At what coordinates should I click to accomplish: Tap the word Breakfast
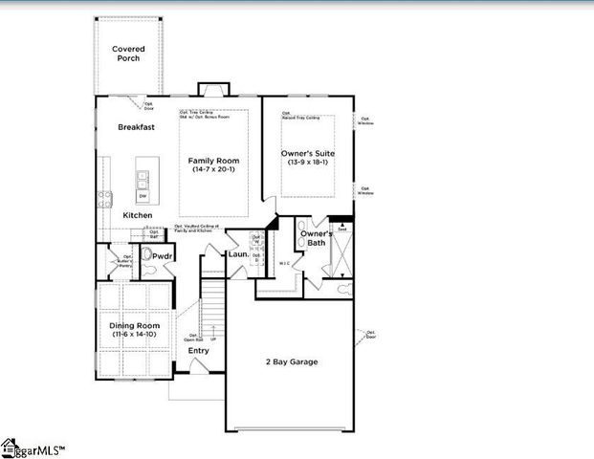pyautogui.click(x=137, y=127)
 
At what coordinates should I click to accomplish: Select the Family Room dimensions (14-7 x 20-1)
pyautogui.click(x=213, y=170)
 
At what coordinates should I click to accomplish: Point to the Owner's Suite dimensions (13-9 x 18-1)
pyautogui.click(x=307, y=163)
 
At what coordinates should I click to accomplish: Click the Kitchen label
pyautogui.click(x=137, y=215)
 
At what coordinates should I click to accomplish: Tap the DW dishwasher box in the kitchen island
pyautogui.click(x=143, y=197)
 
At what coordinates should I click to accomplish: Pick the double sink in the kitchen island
pyautogui.click(x=143, y=177)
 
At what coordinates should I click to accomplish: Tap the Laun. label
pyautogui.click(x=239, y=254)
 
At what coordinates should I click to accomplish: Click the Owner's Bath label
pyautogui.click(x=317, y=238)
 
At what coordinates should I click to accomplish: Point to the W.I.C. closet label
pyautogui.click(x=285, y=264)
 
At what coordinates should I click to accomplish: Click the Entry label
pyautogui.click(x=198, y=350)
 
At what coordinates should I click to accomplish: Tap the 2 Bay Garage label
pyautogui.click(x=292, y=361)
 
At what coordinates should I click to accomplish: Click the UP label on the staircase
pyautogui.click(x=212, y=339)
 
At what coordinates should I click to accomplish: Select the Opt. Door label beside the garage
pyautogui.click(x=369, y=335)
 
